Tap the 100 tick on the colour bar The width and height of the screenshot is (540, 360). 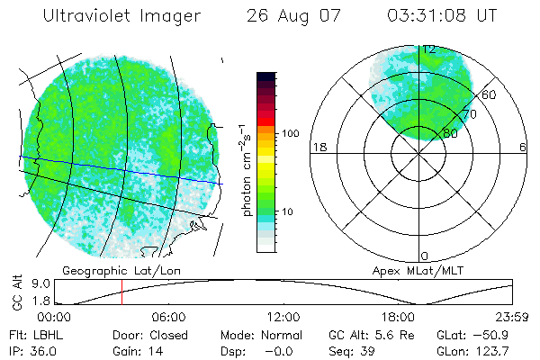289,133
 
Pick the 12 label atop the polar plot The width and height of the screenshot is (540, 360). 430,49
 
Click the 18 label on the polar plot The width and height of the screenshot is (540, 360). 318,147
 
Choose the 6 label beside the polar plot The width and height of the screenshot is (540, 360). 523,147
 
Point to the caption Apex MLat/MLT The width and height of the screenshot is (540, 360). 409,270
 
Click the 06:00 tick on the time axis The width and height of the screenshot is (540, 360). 169,318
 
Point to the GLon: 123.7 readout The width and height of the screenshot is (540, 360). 473,349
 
